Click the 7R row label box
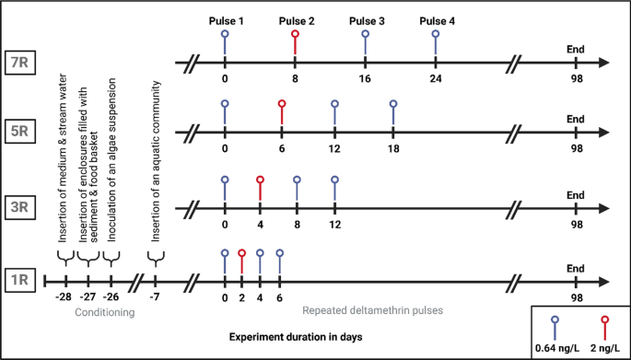pyautogui.click(x=20, y=63)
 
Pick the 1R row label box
pyautogui.click(x=20, y=279)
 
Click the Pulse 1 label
pyautogui.click(x=226, y=20)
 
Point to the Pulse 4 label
pyautogui.click(x=436, y=20)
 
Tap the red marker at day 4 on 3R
pyautogui.click(x=261, y=180)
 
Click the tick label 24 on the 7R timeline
pyautogui.click(x=436, y=80)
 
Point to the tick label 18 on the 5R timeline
pyautogui.click(x=393, y=148)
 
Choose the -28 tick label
pyautogui.click(x=63, y=297)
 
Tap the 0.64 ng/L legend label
pyautogui.click(x=557, y=348)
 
